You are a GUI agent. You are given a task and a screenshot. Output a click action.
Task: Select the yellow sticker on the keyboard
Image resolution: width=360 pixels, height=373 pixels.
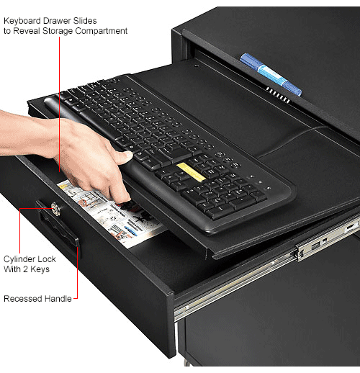[x=190, y=171]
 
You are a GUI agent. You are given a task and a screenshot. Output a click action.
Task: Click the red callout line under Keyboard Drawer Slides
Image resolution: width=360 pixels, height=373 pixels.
[x=59, y=108]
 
